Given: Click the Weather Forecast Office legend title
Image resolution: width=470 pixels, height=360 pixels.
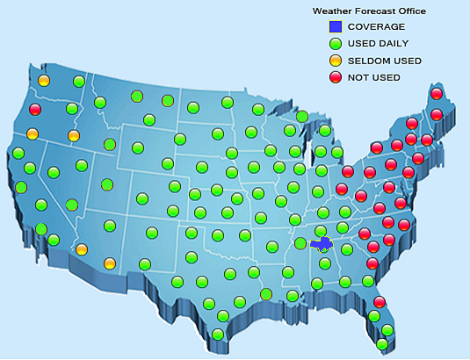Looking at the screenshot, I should click(x=369, y=11).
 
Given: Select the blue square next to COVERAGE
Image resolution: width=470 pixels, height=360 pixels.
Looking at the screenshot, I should click(x=334, y=27).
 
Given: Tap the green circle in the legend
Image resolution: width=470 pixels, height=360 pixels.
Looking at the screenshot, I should click(x=334, y=43).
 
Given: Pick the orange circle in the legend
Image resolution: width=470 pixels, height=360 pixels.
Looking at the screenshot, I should click(x=334, y=61).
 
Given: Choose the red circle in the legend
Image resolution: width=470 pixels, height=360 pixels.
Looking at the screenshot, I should click(x=334, y=77).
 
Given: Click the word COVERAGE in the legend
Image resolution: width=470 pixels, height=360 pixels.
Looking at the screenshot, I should click(x=376, y=27).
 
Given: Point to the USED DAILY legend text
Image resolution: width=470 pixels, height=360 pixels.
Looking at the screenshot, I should click(x=379, y=44).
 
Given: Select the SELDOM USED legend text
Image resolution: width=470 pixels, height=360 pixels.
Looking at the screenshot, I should click(x=384, y=61).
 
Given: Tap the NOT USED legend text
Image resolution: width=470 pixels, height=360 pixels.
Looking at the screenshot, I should click(x=373, y=77).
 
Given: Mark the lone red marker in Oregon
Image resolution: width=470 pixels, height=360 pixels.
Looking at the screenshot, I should click(x=35, y=110).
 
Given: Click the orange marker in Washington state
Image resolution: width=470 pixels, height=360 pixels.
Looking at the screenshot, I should click(x=43, y=81).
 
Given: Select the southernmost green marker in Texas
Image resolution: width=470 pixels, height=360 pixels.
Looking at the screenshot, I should click(x=217, y=334).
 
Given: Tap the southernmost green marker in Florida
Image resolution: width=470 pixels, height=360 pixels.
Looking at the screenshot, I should click(x=382, y=344).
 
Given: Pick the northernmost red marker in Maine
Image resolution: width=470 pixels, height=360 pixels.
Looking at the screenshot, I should click(x=436, y=93).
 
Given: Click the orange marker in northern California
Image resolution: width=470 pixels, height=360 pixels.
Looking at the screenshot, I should click(x=33, y=134).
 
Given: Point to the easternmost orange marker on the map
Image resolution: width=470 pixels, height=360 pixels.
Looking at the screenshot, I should click(x=110, y=263).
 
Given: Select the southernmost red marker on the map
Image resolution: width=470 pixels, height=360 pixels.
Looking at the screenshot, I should click(x=380, y=302).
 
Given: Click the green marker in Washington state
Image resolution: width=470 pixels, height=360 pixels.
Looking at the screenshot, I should click(x=79, y=82).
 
